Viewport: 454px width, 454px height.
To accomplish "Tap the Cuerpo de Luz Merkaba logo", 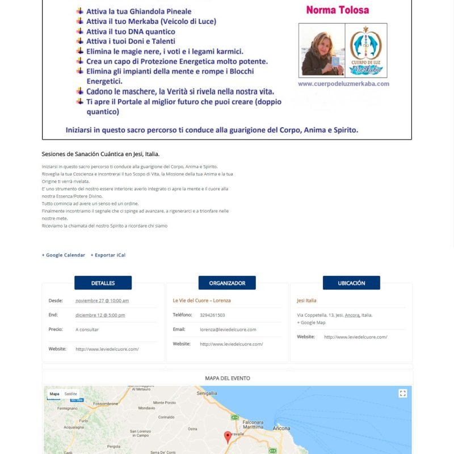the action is (x=366, y=51).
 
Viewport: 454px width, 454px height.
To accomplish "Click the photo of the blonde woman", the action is (x=321, y=51).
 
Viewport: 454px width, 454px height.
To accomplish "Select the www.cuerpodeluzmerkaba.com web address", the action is (x=343, y=83).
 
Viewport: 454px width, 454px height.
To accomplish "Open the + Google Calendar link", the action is (x=64, y=255).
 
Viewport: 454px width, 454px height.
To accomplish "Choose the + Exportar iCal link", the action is (x=108, y=255).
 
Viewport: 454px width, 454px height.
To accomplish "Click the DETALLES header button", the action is (x=103, y=283).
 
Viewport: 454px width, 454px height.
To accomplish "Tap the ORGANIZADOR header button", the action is (x=227, y=283).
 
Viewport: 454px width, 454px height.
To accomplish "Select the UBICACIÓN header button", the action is (x=351, y=283).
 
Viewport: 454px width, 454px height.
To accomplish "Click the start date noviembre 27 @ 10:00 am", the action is (x=102, y=300).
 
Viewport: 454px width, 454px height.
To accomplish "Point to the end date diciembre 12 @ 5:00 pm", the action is (x=100, y=315).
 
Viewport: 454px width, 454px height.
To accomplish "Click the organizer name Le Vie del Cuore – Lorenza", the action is (x=201, y=300).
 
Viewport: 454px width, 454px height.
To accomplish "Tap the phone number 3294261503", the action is (x=212, y=315).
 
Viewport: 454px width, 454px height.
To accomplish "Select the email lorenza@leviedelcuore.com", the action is (x=228, y=329).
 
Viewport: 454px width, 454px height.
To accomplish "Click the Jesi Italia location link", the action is (x=306, y=300).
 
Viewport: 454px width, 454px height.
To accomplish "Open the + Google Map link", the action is (x=311, y=322).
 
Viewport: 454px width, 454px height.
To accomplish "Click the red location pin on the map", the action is (x=228, y=436).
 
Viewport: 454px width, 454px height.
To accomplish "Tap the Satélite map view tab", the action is (x=71, y=393).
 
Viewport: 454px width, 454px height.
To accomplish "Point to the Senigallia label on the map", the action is (x=207, y=393).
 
